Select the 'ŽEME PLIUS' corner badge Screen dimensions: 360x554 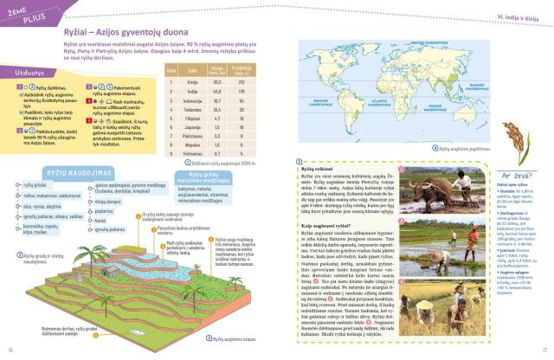tap(24, 9)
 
